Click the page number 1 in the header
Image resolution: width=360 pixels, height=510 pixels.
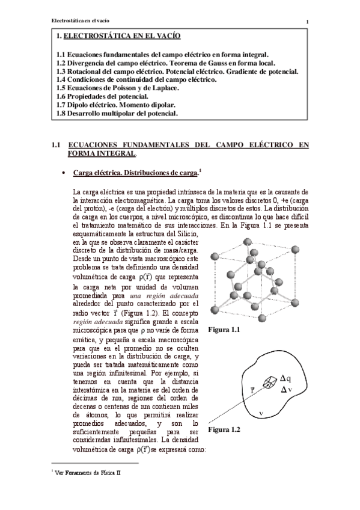[x=307, y=23]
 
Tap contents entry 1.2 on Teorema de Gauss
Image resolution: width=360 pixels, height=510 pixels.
[x=166, y=62]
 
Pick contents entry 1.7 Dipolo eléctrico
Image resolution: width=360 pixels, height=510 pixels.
[x=112, y=104]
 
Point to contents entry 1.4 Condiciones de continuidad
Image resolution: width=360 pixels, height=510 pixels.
[x=136, y=79]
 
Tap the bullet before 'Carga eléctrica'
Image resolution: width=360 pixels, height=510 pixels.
[x=64, y=174]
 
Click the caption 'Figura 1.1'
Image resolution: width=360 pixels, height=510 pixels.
[x=224, y=330]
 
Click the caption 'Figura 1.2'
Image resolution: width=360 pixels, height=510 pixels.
[x=224, y=430]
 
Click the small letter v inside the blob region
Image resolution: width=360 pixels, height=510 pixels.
[x=260, y=413]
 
